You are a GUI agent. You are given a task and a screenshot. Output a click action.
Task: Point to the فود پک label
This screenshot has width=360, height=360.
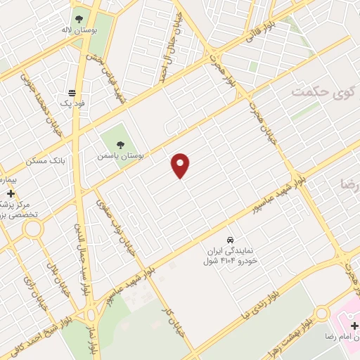coord(73,104)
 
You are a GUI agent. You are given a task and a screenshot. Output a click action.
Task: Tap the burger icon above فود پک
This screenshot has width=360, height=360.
coord(72,93)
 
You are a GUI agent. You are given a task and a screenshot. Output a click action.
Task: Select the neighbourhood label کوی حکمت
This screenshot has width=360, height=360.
coord(311,92)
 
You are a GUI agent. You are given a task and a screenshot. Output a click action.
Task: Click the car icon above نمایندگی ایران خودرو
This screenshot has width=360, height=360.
coord(231,238)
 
